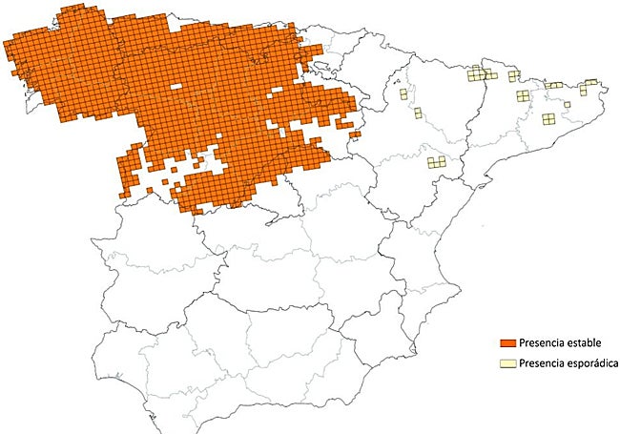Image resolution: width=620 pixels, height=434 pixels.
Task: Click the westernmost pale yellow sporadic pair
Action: pos(404,94)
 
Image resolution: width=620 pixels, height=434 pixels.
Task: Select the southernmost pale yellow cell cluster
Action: pos(437,162)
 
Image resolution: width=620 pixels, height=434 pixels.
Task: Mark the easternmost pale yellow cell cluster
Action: pos(591,82)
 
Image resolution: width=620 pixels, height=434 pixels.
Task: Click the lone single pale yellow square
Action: pos(418,113)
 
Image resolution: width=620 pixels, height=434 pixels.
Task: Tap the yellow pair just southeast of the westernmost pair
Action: pos(418,113)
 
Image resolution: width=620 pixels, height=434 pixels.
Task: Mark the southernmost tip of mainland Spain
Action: pos(208,431)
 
